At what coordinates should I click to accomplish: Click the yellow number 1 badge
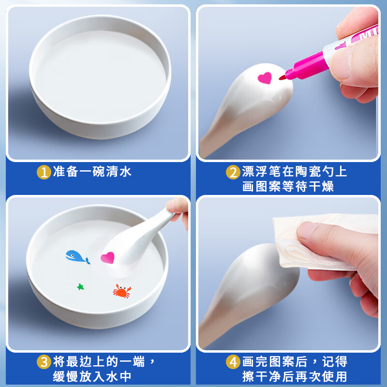coord(44,172)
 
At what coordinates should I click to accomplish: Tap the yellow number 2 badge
coord(233,172)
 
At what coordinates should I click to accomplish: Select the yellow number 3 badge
coord(44,362)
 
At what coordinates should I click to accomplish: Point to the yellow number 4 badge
coord(233,362)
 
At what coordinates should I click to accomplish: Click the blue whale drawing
coord(77,257)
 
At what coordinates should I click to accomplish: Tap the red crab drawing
coord(122,291)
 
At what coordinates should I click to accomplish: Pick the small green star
coord(80,287)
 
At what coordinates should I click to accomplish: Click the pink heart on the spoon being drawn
coord(265,78)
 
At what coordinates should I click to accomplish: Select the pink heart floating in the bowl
coord(107,258)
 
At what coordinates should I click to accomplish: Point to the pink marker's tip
coord(281,78)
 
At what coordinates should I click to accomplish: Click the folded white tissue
coord(321,242)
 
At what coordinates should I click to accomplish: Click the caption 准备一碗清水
coord(92,172)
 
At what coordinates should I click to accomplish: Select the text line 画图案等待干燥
coord(288,186)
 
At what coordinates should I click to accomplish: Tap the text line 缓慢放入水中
coord(92,376)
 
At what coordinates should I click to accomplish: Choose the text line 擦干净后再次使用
coord(295,376)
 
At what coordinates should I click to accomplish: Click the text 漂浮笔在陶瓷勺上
coord(295,172)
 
